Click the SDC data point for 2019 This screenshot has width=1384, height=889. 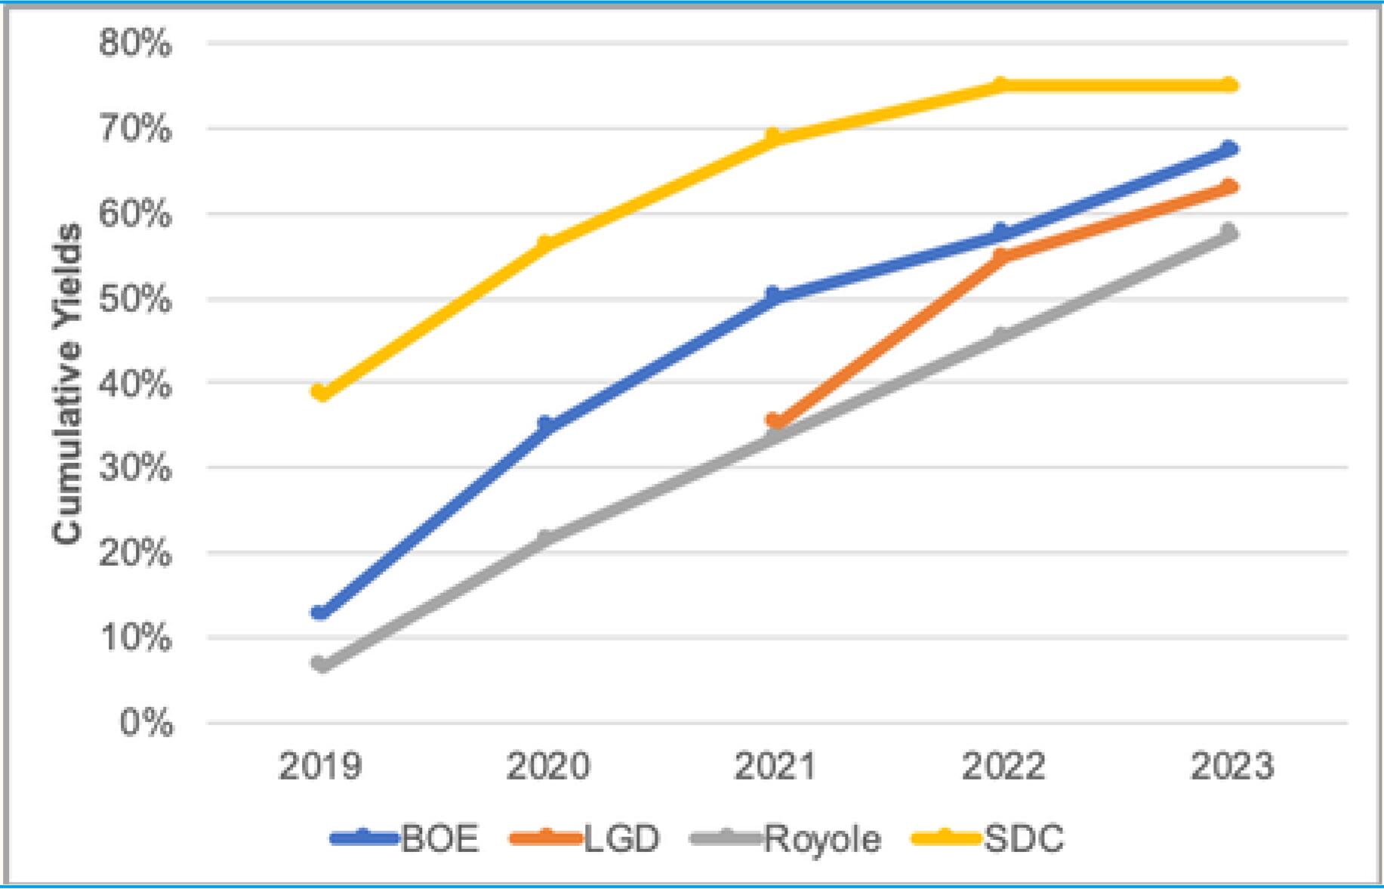point(321,392)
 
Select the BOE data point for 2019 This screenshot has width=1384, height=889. point(321,612)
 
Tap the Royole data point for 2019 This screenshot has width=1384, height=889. point(321,664)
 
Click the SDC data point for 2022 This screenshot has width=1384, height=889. point(1002,85)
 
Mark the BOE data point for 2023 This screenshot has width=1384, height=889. point(1229,149)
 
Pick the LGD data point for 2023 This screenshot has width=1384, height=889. point(1229,187)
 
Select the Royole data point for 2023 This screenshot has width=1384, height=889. point(1229,233)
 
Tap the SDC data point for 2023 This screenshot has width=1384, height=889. point(1229,85)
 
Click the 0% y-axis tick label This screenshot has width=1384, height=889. point(146,723)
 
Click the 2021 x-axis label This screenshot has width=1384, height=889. point(775,766)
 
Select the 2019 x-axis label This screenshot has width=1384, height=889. point(321,766)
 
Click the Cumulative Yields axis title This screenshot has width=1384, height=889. point(66,383)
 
